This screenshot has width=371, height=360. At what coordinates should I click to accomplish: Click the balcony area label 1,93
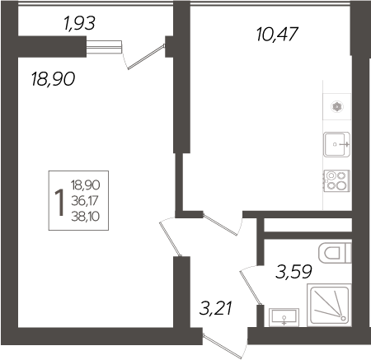79,23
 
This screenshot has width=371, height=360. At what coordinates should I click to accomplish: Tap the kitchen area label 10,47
277,34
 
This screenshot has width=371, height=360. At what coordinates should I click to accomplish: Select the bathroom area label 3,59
294,272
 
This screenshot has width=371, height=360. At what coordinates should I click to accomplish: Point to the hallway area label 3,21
216,308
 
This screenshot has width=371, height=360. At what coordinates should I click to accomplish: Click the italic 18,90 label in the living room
53,78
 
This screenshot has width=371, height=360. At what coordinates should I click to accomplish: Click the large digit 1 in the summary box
59,203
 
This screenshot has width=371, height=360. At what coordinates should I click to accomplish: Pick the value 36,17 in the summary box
85,201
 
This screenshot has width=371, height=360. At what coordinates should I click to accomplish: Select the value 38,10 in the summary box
85,217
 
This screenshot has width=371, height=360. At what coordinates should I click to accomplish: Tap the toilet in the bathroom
335,253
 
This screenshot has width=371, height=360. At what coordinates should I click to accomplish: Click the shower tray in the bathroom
329,305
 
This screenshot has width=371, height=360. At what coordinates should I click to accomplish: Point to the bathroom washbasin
284,317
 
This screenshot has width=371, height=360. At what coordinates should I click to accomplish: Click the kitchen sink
336,144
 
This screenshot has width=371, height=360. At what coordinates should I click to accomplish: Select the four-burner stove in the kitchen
337,181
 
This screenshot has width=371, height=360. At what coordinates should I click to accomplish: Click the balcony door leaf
146,57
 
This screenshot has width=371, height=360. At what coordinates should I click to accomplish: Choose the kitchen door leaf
220,225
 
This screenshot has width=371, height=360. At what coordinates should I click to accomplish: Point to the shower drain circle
343,318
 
